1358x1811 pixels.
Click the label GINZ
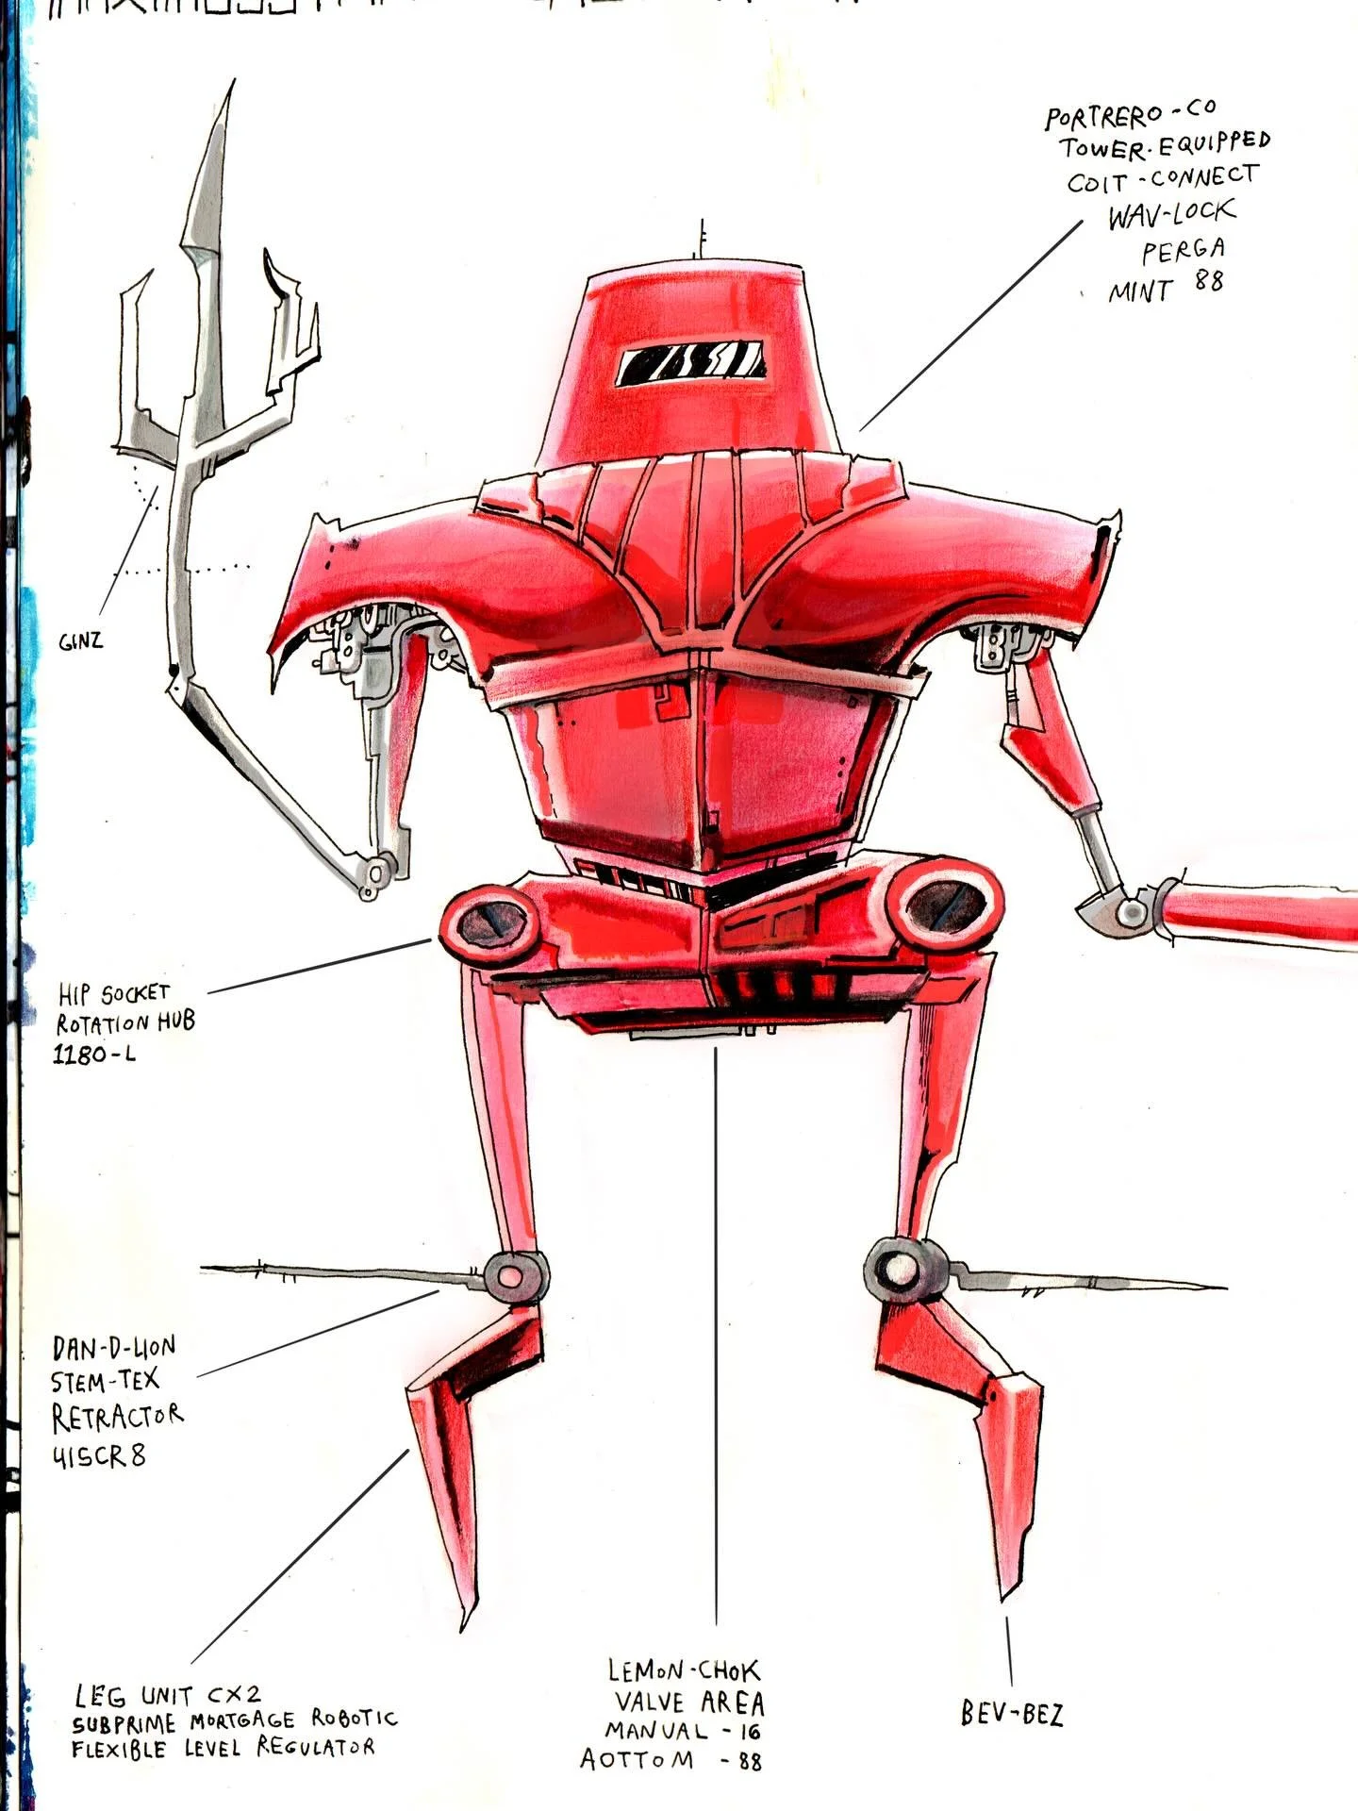point(80,642)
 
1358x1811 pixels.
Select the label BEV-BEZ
point(1012,1713)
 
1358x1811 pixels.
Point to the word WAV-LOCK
point(1170,215)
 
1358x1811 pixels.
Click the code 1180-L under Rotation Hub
point(93,1055)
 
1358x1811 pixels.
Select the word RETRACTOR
point(117,1417)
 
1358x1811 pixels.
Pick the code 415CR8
point(98,1456)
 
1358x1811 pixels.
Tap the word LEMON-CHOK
point(683,1671)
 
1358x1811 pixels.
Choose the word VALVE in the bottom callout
point(649,1703)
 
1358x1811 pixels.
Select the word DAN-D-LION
point(113,1347)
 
